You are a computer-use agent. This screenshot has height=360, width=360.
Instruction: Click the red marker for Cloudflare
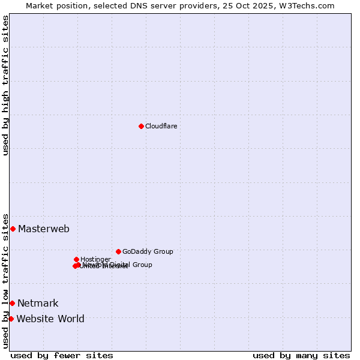(x=141, y=126)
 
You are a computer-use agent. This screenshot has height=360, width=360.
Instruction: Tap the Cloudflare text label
(x=161, y=126)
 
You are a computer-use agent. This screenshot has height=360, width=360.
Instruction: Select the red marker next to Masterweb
(x=13, y=229)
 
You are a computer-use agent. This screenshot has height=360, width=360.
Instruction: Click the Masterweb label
(x=44, y=229)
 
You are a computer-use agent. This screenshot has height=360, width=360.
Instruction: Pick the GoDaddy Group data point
(x=118, y=251)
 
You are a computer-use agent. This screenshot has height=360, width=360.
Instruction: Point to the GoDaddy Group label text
(x=148, y=251)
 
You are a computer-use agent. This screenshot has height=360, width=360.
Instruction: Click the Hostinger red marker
(x=76, y=259)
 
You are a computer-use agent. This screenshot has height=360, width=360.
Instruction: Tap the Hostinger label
(x=95, y=259)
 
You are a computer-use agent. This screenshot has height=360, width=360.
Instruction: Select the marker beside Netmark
(x=12, y=303)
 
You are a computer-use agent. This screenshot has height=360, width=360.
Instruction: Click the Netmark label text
(x=38, y=303)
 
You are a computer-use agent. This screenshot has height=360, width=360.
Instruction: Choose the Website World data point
(x=11, y=319)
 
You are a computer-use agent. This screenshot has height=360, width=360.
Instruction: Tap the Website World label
(x=50, y=319)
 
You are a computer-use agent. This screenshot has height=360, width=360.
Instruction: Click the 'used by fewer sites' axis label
(x=62, y=355)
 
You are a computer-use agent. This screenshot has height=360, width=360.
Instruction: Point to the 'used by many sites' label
(x=301, y=355)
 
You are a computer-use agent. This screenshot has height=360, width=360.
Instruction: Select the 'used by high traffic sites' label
(x=5, y=85)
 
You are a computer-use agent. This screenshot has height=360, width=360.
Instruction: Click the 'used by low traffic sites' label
(x=5, y=280)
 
